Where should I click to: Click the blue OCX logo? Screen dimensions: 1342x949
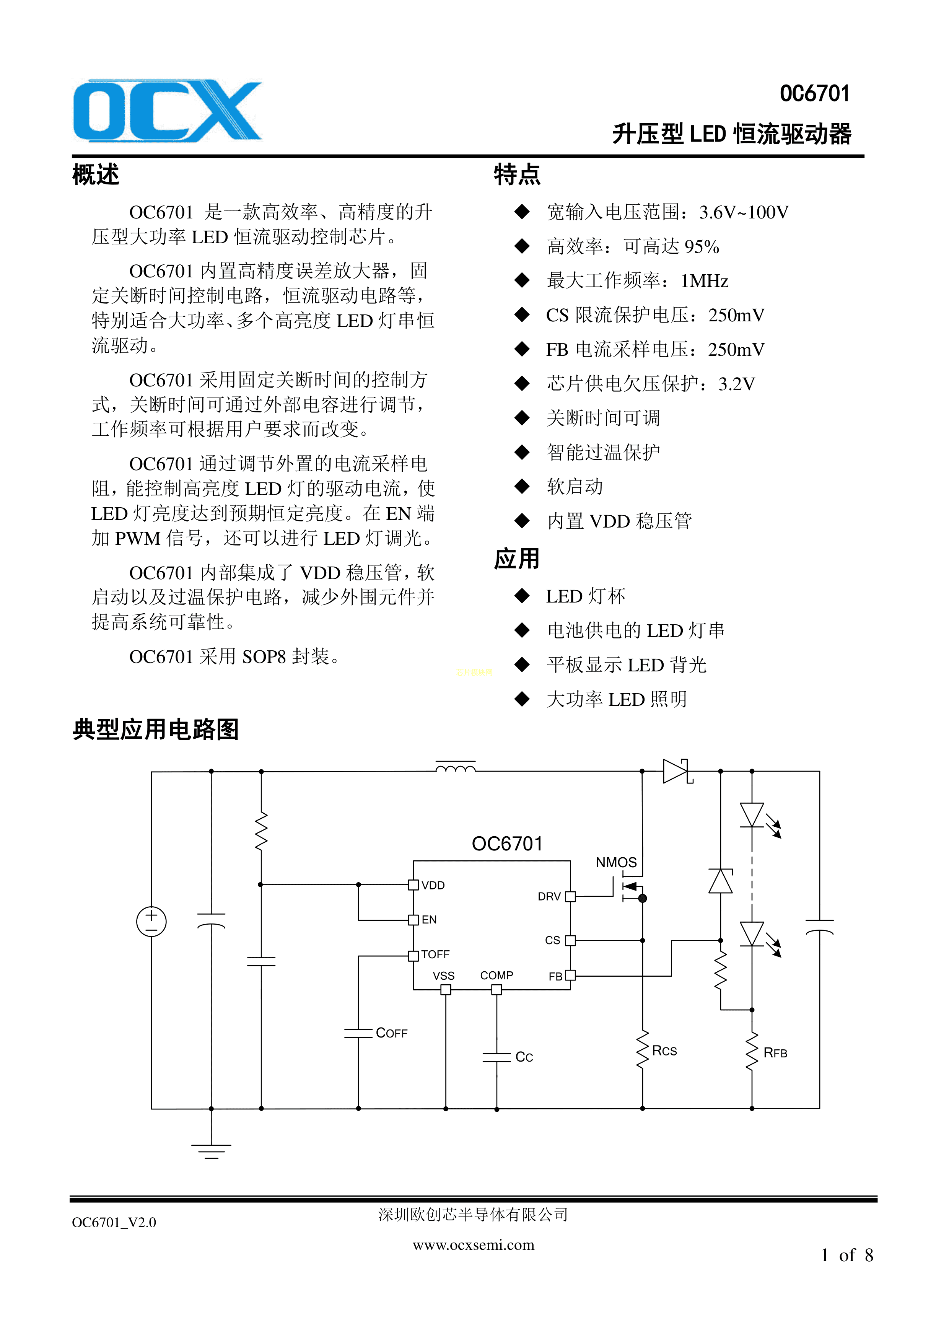point(167,111)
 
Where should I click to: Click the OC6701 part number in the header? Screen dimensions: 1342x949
point(815,93)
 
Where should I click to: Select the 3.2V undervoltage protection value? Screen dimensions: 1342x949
point(736,384)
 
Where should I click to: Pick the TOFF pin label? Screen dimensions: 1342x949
point(435,954)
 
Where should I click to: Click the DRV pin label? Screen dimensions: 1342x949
point(549,897)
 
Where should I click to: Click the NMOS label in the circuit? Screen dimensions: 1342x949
point(616,862)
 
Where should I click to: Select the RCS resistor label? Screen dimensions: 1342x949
point(664,1050)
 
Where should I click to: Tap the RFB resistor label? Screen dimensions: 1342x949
point(775,1053)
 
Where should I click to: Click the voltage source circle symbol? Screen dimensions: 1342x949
point(151,922)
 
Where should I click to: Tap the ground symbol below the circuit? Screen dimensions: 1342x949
point(211,1150)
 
